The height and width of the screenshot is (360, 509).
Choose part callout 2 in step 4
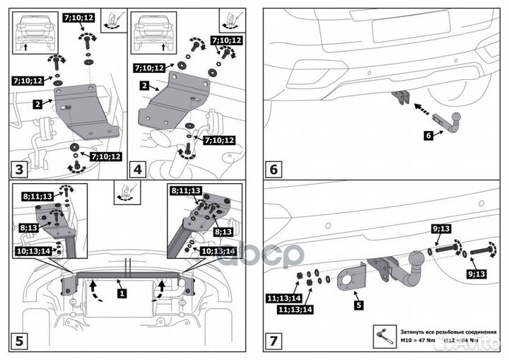click(x=143, y=86)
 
